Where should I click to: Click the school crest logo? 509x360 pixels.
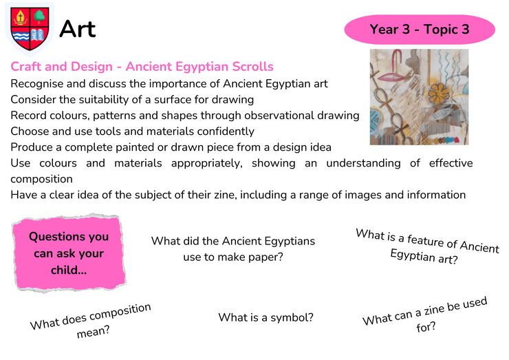tap(30, 29)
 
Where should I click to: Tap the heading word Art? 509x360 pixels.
tap(78, 29)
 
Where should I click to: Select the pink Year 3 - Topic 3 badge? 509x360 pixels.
tap(420, 29)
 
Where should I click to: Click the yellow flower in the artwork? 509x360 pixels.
tap(439, 93)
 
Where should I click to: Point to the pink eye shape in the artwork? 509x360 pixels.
tap(393, 77)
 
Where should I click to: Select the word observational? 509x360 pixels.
tap(279, 116)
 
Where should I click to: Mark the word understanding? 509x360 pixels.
tap(363, 163)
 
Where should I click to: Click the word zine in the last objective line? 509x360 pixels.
tap(226, 195)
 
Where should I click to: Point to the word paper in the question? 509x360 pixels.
tap(263, 257)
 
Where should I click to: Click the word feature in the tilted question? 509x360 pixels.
tap(425, 240)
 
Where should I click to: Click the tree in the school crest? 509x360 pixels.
tap(39, 17)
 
